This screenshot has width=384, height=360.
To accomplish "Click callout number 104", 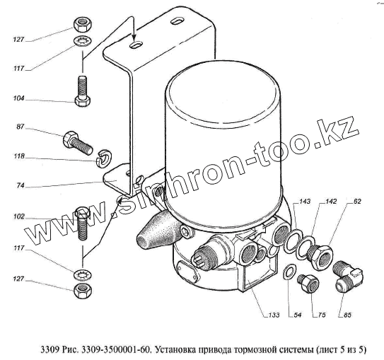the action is [x=18, y=98].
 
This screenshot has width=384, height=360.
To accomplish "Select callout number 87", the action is [x=21, y=127].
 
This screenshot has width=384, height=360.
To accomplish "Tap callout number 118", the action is [x=19, y=156].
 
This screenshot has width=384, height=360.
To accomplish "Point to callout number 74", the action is [x=21, y=185].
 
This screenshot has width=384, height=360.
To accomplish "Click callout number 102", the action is [x=19, y=216].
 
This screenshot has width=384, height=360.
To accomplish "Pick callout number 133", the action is [x=274, y=315].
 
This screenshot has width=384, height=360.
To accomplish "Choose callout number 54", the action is [x=297, y=315].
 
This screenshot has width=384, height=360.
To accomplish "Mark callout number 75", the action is [x=322, y=315].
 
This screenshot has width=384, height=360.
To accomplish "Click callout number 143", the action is [x=305, y=202].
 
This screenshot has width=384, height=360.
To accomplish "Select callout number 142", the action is [x=331, y=202].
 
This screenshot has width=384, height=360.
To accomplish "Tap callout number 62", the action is [x=357, y=202].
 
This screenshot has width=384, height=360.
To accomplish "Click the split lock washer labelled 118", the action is [x=104, y=158].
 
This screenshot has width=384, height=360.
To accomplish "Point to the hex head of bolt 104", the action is [x=82, y=101].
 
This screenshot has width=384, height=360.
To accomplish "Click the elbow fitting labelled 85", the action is [x=347, y=277].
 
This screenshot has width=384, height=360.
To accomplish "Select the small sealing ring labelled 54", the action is [x=289, y=272].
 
